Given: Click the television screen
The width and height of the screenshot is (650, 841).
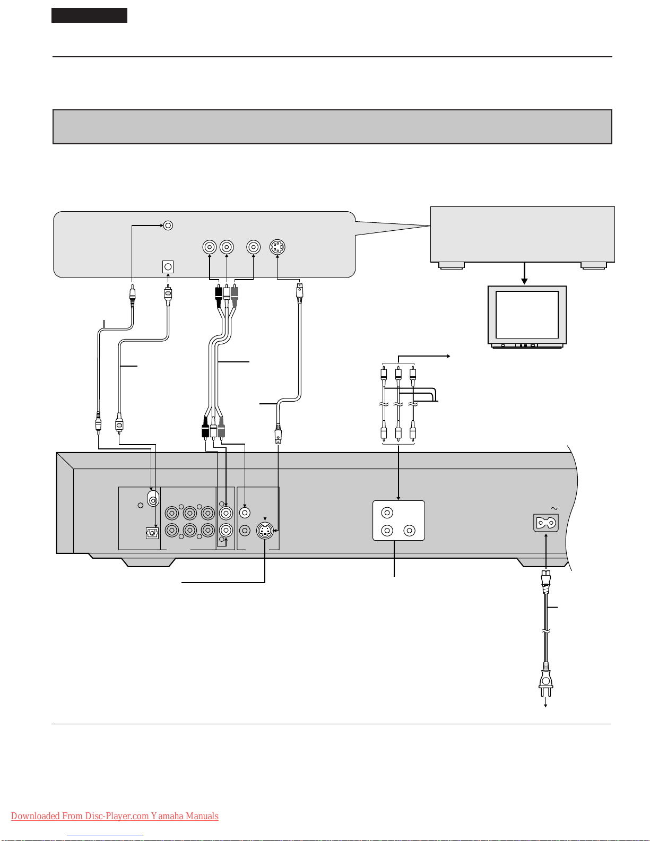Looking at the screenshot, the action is (527, 315).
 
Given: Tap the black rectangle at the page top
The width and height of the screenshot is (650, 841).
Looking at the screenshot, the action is (89, 15).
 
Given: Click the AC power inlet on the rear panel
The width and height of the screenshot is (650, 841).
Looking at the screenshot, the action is (546, 523).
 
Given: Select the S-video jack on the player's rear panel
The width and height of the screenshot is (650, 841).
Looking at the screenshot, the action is (265, 531).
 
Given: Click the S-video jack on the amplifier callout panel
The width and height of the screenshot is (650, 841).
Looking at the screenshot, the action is (278, 247).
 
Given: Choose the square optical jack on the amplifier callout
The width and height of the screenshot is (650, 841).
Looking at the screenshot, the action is (168, 267).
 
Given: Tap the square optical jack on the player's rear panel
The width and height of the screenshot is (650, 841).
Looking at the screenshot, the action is (152, 533).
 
